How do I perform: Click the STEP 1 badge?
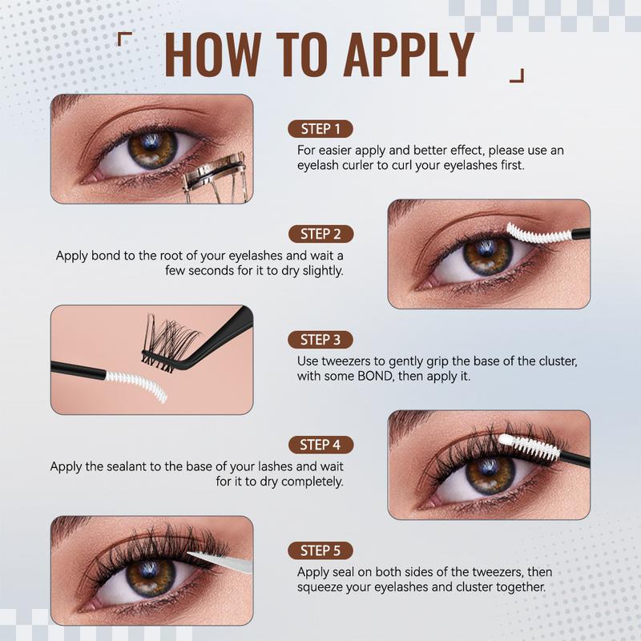(x=320, y=129)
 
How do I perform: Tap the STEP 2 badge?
(x=320, y=234)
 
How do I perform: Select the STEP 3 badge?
(x=320, y=340)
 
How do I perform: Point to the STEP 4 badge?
(x=320, y=445)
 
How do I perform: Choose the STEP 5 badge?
(x=320, y=550)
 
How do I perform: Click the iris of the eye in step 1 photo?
(x=153, y=149)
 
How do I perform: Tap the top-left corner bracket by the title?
(x=123, y=38)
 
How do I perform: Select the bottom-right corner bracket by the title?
(x=517, y=76)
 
